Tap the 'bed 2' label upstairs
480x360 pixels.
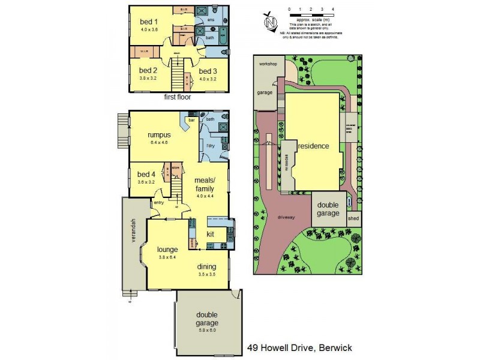[140, 70]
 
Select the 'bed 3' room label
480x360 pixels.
[208, 70]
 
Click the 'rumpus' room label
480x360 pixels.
[159, 135]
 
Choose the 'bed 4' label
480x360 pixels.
[146, 175]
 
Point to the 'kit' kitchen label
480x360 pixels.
[211, 234]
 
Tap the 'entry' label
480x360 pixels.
[158, 203]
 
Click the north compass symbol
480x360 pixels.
[271, 22]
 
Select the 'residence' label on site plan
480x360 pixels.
[313, 146]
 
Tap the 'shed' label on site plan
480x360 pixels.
[353, 218]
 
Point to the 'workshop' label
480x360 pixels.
[268, 63]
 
